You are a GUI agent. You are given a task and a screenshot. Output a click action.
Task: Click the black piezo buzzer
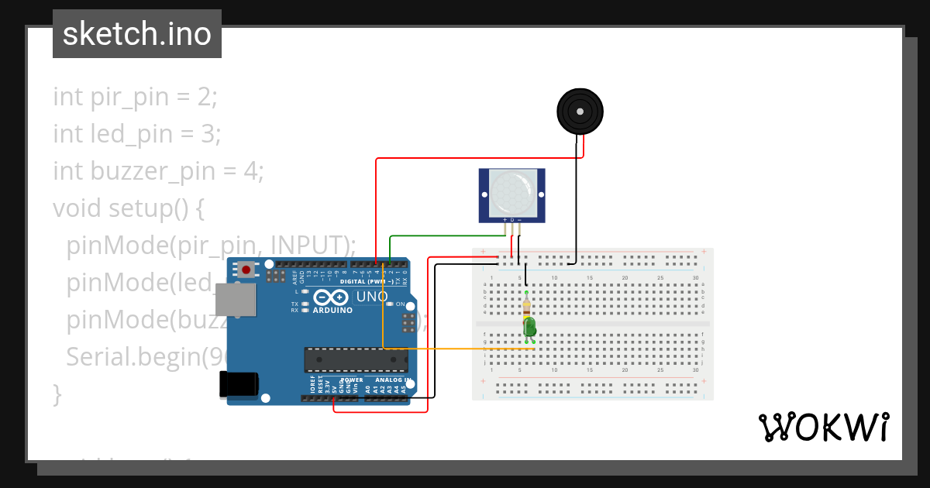[x=580, y=112]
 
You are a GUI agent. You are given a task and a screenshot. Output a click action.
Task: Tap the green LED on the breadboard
[x=530, y=328]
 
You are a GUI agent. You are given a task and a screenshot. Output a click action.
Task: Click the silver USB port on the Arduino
[x=235, y=300]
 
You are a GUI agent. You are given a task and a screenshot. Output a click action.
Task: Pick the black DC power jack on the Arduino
[x=238, y=385]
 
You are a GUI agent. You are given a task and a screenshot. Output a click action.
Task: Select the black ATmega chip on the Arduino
[x=356, y=359]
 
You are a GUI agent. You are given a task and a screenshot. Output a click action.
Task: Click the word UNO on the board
[x=371, y=297]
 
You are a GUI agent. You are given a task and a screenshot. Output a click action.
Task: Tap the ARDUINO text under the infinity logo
[x=332, y=310]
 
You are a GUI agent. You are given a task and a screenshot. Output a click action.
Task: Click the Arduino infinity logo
[x=332, y=297]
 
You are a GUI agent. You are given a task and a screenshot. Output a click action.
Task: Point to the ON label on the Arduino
[x=401, y=304]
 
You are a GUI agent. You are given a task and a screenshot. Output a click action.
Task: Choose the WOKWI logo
[x=823, y=427]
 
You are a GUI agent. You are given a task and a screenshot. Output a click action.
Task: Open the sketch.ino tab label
[x=137, y=34]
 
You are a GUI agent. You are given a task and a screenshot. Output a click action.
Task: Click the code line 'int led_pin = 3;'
[x=137, y=134]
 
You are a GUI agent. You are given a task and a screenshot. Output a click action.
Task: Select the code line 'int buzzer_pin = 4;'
[x=158, y=170]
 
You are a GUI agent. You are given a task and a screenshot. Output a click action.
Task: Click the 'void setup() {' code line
[x=128, y=208]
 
